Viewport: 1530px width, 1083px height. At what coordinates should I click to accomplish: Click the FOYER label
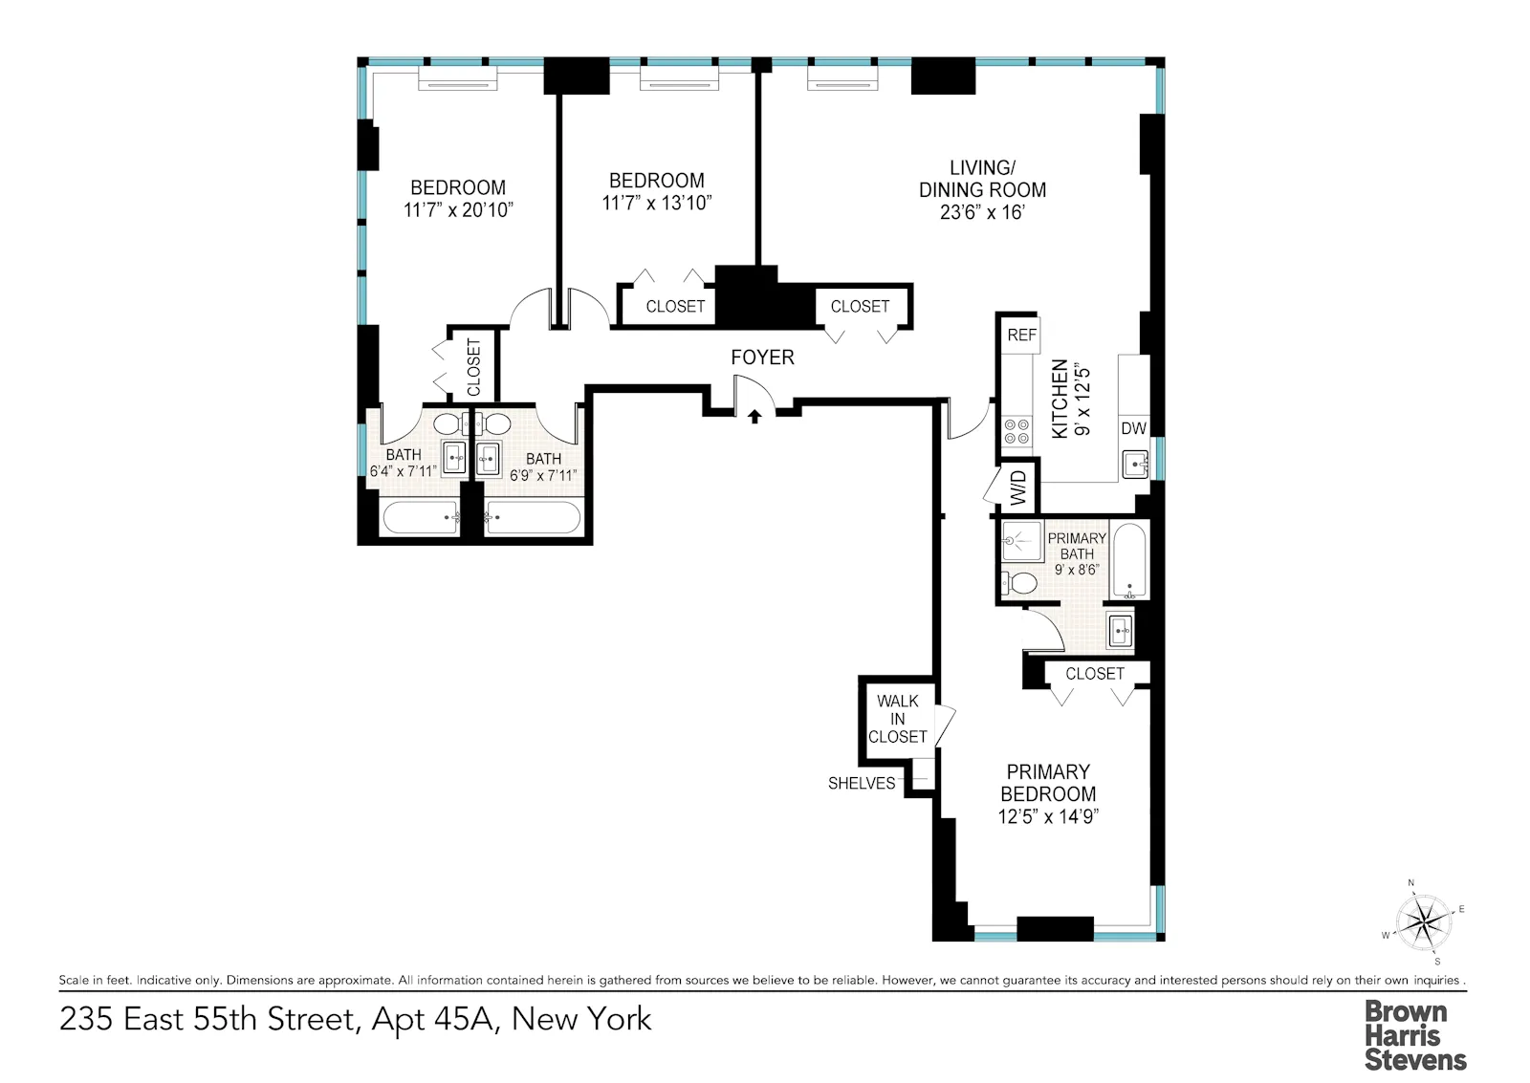762,357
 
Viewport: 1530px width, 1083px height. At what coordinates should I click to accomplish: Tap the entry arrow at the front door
754,416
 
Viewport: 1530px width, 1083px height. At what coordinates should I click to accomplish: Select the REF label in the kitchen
1021,336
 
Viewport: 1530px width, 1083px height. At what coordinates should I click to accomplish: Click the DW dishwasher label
1133,428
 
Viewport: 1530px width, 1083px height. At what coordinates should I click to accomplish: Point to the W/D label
1017,487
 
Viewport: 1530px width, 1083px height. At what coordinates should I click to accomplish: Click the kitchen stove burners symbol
1016,431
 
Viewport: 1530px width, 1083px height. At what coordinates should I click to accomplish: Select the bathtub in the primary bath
1130,561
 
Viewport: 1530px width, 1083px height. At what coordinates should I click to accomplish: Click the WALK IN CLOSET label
897,719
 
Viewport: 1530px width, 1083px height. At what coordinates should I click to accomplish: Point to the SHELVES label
862,784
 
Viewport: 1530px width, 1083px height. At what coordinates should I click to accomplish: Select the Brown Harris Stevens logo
1414,1035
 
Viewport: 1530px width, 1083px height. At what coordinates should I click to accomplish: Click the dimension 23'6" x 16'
982,212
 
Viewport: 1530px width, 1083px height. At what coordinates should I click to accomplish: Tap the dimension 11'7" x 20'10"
458,210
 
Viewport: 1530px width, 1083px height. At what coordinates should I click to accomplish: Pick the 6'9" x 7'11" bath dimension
543,476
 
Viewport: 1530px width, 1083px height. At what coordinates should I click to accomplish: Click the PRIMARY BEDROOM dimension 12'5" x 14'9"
1048,816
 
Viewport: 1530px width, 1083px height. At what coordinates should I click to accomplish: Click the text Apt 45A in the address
432,1019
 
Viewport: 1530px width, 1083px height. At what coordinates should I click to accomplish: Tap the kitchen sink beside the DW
1135,466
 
